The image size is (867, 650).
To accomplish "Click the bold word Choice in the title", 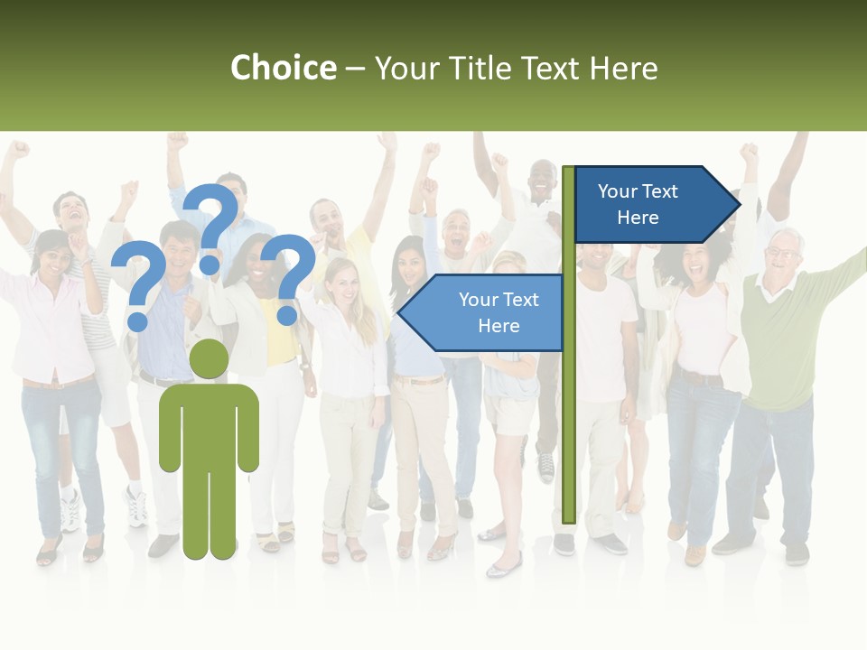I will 283,68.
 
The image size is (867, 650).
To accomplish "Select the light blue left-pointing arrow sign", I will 488,312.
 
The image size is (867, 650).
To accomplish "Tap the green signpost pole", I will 568,406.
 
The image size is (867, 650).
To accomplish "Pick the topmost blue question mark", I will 214,226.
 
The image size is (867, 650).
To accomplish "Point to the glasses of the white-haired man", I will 783,252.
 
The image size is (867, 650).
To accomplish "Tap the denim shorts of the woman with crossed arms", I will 509,411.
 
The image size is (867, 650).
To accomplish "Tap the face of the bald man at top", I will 542,180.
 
